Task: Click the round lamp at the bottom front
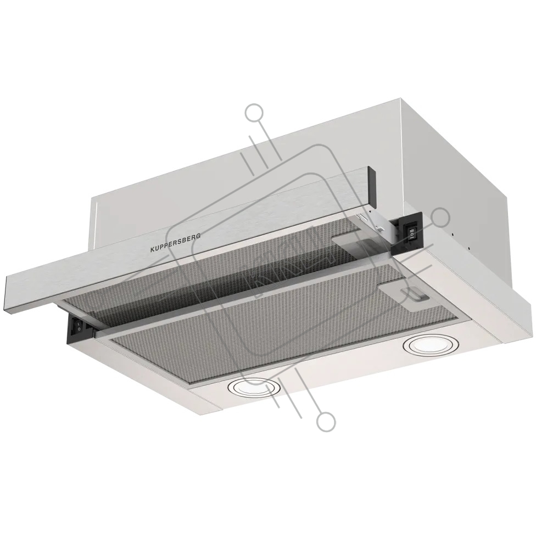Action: (253, 388)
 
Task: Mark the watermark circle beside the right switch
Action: (440, 217)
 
